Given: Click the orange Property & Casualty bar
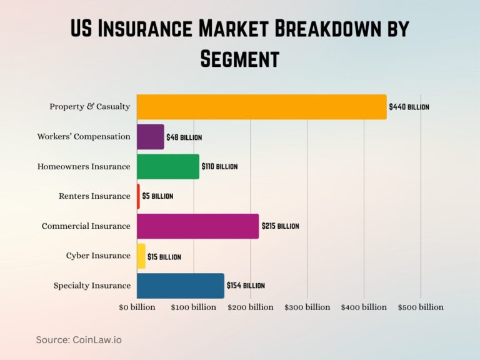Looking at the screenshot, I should (x=261, y=107).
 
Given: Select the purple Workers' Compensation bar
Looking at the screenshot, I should (x=150, y=137).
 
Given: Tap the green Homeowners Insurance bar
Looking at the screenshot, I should (x=167, y=166).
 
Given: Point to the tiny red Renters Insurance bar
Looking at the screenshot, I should (x=138, y=196).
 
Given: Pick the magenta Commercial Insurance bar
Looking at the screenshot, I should (x=197, y=226).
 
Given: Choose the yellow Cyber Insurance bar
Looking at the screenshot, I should (x=141, y=256).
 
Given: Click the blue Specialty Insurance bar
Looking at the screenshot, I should (x=180, y=286).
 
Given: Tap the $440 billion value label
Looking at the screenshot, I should (x=409, y=107).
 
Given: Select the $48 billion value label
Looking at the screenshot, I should (x=184, y=137).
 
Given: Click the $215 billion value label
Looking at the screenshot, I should (x=279, y=226).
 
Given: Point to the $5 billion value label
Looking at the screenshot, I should (x=157, y=196).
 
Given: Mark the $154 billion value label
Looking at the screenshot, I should (x=246, y=286).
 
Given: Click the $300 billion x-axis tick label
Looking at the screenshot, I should (x=307, y=307).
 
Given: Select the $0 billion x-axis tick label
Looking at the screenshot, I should (x=137, y=307).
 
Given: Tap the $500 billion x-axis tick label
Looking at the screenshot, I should (x=421, y=307).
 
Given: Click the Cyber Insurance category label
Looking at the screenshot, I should (x=98, y=256).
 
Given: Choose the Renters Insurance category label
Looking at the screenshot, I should (x=94, y=196).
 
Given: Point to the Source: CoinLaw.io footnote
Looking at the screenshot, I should (x=78, y=339).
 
